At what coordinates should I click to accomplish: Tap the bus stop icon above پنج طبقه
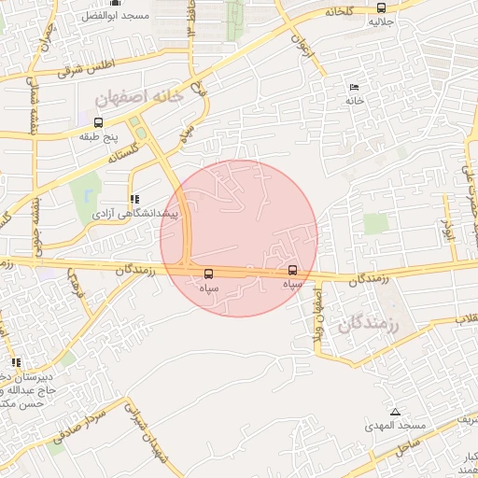tap(98, 122)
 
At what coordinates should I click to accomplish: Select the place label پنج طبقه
tap(98, 136)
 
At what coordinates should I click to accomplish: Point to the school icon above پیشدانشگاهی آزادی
tap(135, 199)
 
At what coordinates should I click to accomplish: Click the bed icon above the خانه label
tap(354, 86)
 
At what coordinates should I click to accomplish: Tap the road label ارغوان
tap(298, 45)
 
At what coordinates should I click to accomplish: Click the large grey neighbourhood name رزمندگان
tap(365, 325)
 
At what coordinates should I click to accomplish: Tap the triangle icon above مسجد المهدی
tap(395, 412)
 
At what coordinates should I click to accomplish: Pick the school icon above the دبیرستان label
tap(15, 362)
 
